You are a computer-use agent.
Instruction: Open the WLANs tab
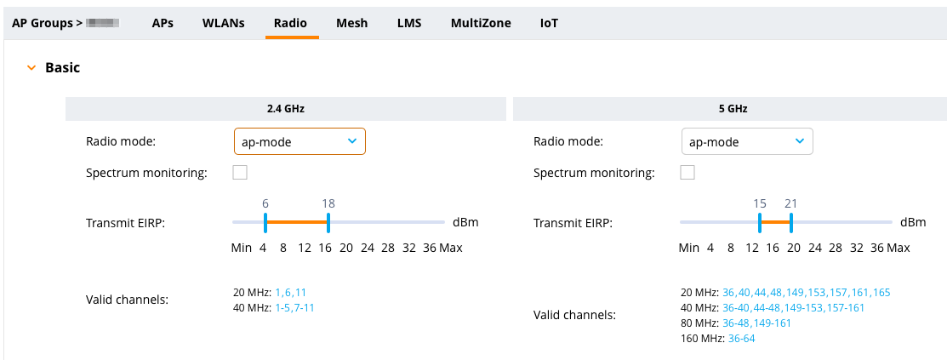point(223,23)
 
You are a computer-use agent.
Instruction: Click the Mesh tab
point(351,23)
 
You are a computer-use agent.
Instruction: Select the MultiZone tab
point(481,23)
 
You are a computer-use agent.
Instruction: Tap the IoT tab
point(549,23)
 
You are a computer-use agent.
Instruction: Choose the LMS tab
point(409,23)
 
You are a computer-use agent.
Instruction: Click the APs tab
point(163,23)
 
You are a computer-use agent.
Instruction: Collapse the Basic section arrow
point(31,67)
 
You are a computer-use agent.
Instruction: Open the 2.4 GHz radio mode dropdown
point(300,141)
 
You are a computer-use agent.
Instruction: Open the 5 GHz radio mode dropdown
point(747,141)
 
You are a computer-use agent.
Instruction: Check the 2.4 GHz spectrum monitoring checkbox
point(240,173)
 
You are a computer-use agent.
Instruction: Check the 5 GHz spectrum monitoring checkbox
point(687,173)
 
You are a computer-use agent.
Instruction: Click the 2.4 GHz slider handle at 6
point(265,223)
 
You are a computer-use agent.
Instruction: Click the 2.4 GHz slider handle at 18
point(328,223)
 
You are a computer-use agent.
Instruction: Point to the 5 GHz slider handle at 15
point(760,223)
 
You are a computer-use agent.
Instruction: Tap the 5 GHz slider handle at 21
point(791,223)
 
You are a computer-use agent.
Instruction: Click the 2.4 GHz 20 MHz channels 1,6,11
point(290,292)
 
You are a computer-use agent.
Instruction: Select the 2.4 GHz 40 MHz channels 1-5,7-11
point(294,307)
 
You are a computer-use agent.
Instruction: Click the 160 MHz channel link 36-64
point(741,338)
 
